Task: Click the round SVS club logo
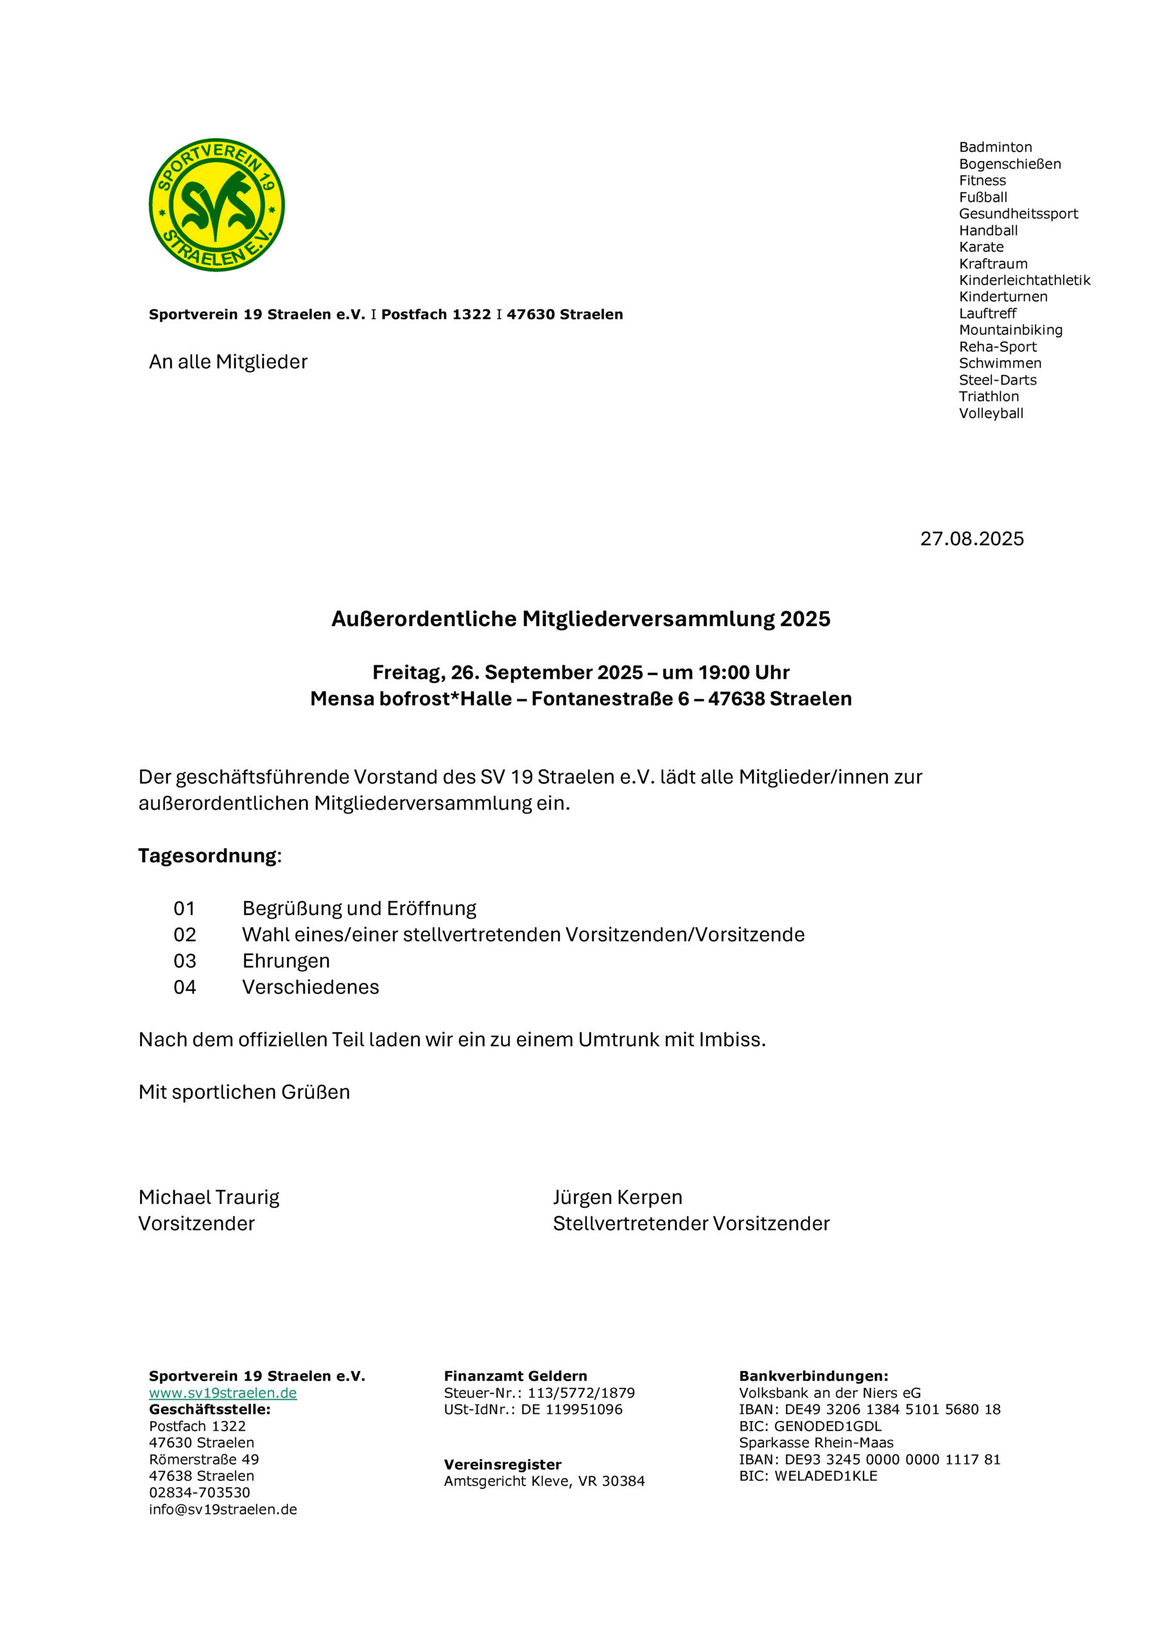(216, 205)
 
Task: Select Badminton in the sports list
(995, 147)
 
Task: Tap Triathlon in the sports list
(989, 396)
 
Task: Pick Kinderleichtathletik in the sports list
(1025, 280)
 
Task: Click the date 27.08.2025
(971, 538)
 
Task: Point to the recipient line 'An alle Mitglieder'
(228, 362)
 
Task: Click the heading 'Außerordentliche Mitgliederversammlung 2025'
(580, 618)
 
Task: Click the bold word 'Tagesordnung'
(207, 855)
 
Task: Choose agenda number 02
(185, 934)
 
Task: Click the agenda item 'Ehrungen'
(286, 961)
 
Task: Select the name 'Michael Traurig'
(209, 1197)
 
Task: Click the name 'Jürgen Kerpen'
(617, 1197)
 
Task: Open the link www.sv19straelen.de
(223, 1394)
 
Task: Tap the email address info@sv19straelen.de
(223, 1509)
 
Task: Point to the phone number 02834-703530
(200, 1493)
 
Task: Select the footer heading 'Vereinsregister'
(502, 1464)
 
